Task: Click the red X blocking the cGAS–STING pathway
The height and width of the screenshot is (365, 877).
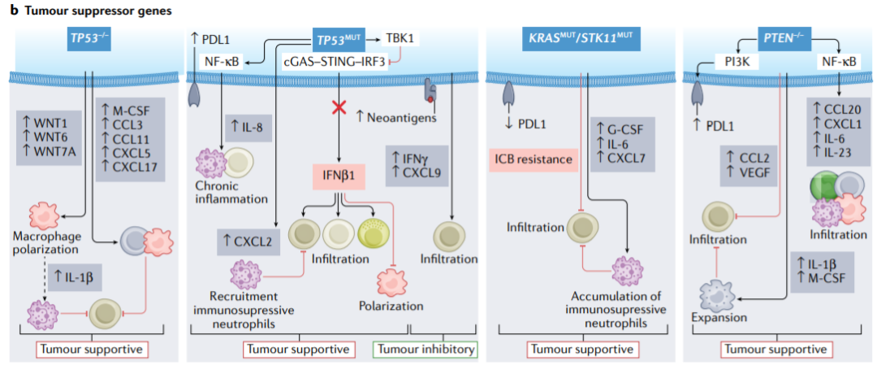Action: tap(339, 108)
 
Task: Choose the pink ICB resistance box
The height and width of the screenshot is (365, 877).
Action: tap(534, 159)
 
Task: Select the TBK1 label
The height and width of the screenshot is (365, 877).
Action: tap(399, 39)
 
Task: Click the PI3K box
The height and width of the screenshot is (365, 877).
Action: tap(737, 63)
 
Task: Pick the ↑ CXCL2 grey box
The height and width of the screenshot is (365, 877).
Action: tap(248, 241)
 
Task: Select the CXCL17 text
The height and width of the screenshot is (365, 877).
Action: tap(137, 166)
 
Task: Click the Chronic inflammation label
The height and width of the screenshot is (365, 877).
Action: tap(231, 192)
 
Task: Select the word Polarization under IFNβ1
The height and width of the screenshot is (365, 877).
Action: tap(391, 306)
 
